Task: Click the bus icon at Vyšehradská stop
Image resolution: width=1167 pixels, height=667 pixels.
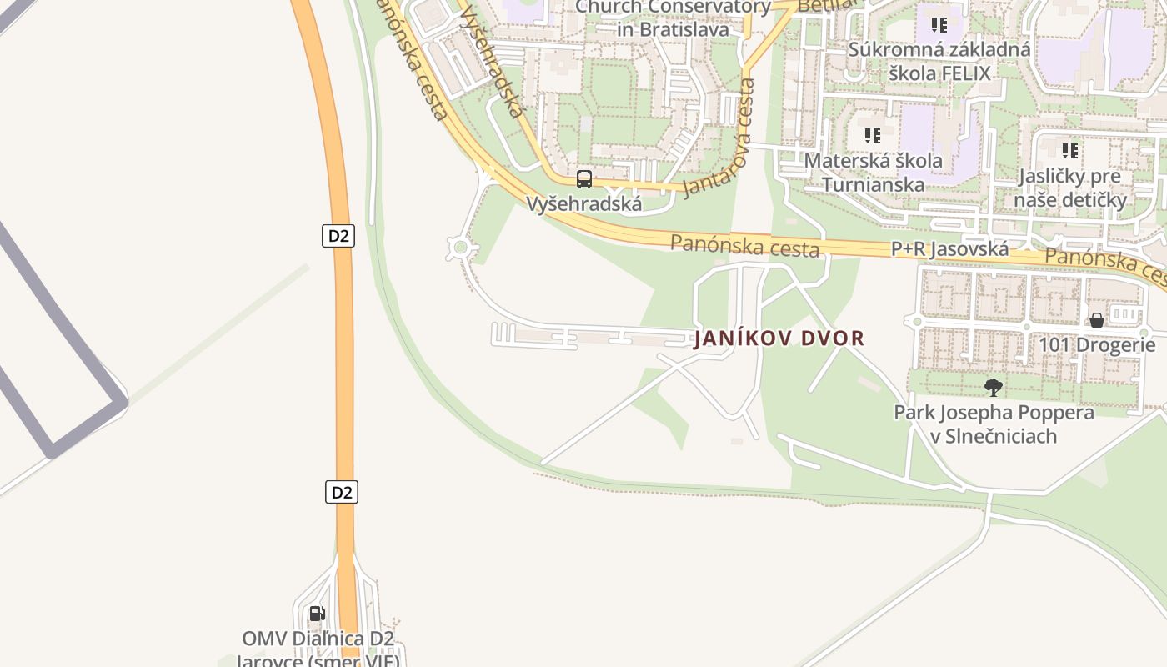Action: point(584,178)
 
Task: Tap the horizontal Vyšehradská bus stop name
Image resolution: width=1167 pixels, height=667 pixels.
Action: point(583,203)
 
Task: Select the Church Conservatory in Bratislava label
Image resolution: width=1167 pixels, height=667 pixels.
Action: point(673,18)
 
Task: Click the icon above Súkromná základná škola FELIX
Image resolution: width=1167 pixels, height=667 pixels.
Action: point(939,25)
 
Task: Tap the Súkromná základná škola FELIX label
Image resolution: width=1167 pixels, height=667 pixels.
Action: point(939,61)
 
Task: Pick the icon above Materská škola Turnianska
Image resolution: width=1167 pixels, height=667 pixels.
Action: point(873,135)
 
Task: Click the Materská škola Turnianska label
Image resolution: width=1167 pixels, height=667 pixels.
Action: point(873,172)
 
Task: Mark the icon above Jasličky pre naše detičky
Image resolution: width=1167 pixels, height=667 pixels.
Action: point(1070,151)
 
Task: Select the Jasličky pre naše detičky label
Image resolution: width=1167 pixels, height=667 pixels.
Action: point(1072,188)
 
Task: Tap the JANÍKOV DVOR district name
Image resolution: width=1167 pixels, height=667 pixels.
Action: point(779,339)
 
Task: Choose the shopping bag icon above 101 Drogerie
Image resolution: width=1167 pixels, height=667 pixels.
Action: point(1097,320)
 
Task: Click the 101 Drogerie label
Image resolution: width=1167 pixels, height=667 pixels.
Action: point(1097,344)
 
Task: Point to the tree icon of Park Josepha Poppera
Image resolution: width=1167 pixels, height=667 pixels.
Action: point(993,387)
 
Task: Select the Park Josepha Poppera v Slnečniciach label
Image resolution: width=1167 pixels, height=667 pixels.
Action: point(994,424)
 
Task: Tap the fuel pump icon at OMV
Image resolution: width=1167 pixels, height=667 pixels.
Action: point(317,614)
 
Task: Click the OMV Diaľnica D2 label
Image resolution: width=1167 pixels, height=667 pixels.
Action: point(318,639)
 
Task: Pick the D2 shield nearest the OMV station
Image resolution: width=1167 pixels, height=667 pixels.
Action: point(341,492)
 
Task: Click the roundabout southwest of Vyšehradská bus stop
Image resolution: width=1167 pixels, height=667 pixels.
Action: point(459,247)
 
